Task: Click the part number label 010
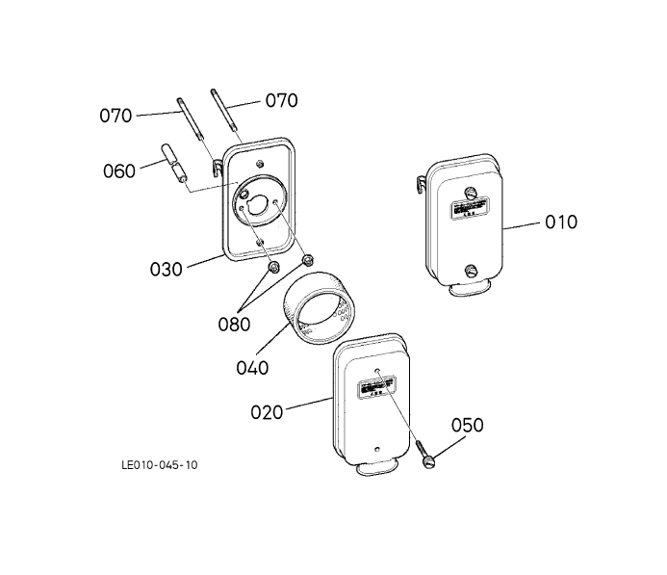coord(561,222)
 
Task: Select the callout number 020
coord(267,412)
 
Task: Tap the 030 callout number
coord(166,270)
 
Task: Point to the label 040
coord(252,367)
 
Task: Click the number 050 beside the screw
coord(466,426)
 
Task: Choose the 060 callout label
coord(119,171)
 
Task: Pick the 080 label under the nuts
coord(233,324)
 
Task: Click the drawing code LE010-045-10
coord(160,465)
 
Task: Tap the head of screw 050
coord(427,460)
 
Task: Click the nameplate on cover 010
coord(467,206)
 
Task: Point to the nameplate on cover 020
coord(376,388)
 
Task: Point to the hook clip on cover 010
coord(424,182)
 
